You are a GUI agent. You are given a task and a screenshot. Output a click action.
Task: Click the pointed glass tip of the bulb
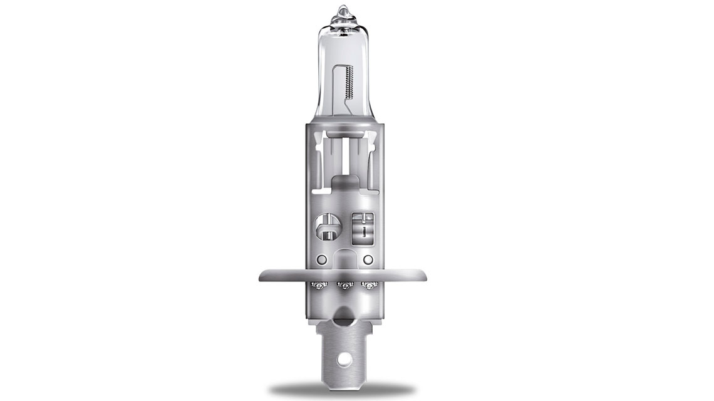343,11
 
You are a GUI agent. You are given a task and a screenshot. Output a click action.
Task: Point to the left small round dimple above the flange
321,259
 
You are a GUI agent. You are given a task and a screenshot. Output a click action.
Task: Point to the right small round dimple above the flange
368,259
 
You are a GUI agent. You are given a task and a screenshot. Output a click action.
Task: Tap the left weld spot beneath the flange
318,286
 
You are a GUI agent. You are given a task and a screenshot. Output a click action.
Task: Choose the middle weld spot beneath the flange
343,286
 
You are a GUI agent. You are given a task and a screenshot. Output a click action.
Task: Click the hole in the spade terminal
343,362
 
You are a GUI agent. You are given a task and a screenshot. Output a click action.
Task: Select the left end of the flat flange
262,275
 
